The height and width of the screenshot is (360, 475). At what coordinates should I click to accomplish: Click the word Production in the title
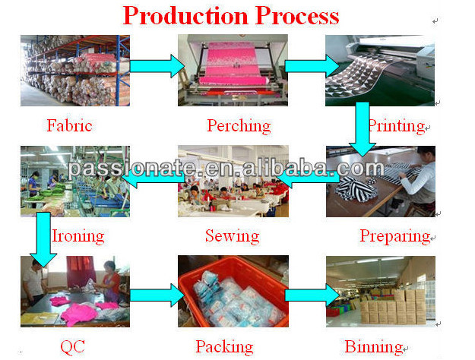click(185, 16)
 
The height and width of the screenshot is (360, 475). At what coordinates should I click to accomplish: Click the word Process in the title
click(297, 16)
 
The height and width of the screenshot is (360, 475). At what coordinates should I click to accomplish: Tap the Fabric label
click(69, 125)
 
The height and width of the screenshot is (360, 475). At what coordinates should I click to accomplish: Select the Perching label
click(239, 126)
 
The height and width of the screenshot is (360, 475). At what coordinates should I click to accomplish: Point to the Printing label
click(397, 126)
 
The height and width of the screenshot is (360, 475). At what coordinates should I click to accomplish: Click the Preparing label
click(395, 236)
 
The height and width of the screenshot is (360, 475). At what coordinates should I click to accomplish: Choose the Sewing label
click(233, 236)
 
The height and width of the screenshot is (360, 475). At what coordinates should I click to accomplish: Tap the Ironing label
click(78, 236)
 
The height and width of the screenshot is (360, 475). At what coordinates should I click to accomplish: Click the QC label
click(72, 346)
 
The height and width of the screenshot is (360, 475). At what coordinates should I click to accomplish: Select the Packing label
click(224, 347)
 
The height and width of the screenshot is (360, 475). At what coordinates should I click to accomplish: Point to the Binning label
click(374, 347)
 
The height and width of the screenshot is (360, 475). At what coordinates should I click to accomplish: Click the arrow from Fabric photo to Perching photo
click(157, 66)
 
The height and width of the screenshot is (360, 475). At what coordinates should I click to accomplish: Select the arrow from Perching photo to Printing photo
click(312, 66)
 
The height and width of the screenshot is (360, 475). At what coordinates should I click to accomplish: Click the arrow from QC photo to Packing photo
click(157, 295)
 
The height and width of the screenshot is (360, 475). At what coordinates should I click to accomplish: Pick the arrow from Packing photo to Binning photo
click(312, 295)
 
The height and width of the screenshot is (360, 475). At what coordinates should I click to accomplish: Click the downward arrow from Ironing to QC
click(43, 240)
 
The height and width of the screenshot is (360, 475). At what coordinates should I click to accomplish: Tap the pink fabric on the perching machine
click(236, 65)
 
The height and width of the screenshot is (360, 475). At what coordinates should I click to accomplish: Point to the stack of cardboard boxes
click(393, 307)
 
